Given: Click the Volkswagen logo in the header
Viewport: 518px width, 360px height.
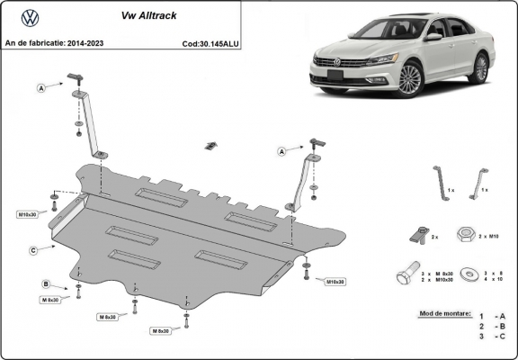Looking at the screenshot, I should pyautogui.click(x=30, y=17).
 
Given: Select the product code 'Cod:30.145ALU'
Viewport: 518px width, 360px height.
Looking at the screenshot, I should pyautogui.click(x=210, y=42).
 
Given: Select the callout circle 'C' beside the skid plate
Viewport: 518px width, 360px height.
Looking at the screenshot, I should pyautogui.click(x=32, y=249).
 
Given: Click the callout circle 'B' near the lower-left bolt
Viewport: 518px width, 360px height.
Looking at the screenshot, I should pyautogui.click(x=45, y=284).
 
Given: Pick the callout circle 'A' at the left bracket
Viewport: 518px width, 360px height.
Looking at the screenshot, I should pyautogui.click(x=41, y=87).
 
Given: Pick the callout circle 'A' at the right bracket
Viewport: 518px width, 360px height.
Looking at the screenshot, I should pyautogui.click(x=281, y=151).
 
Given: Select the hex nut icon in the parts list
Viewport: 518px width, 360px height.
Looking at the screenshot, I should pyautogui.click(x=466, y=236).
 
